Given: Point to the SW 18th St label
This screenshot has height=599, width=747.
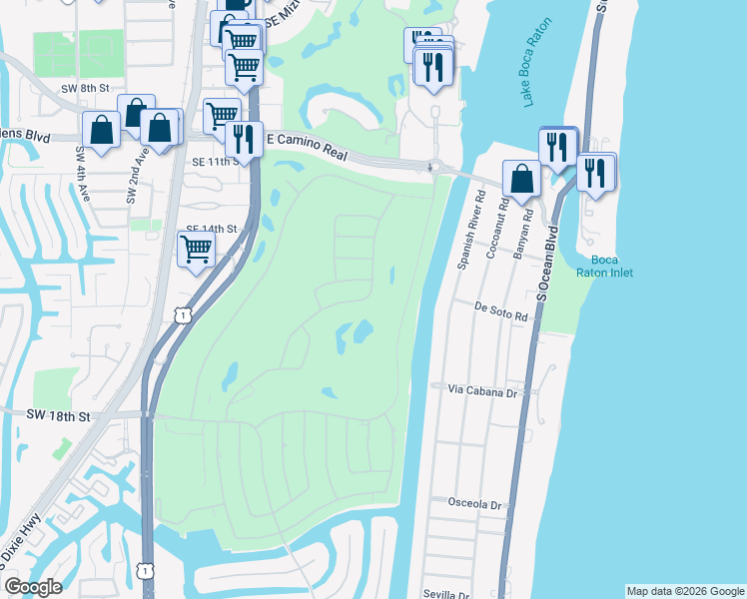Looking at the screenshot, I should coord(59,414).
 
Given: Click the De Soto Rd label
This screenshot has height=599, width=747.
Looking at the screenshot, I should coord(500,312).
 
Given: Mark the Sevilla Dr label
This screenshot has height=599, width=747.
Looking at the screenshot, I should coord(445,593).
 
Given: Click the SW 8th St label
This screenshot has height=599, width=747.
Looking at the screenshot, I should coord(82,88).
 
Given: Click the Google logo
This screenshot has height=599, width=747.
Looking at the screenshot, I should coord(33,587).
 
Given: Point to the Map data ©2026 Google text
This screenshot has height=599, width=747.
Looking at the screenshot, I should coord(685,591).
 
